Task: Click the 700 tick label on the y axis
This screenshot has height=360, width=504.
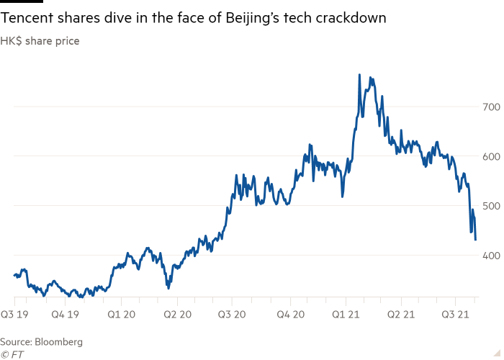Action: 490,107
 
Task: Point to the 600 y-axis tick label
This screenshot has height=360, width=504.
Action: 490,156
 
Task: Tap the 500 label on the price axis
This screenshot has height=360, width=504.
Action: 490,206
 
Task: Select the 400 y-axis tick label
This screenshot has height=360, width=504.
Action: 490,256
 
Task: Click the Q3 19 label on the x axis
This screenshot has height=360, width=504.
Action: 15,314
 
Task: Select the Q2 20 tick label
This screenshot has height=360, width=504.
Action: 176,314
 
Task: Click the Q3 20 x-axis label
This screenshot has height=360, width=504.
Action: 232,314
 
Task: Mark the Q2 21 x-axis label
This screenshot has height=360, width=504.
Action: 400,314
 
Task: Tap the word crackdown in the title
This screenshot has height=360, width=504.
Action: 352,19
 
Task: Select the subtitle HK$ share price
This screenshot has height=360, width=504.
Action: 40,41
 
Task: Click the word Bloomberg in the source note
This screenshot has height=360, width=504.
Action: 59,341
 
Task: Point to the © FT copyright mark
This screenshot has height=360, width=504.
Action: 12,354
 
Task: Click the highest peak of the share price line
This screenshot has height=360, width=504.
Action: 359,74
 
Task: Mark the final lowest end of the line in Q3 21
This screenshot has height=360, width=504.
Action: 475,240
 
